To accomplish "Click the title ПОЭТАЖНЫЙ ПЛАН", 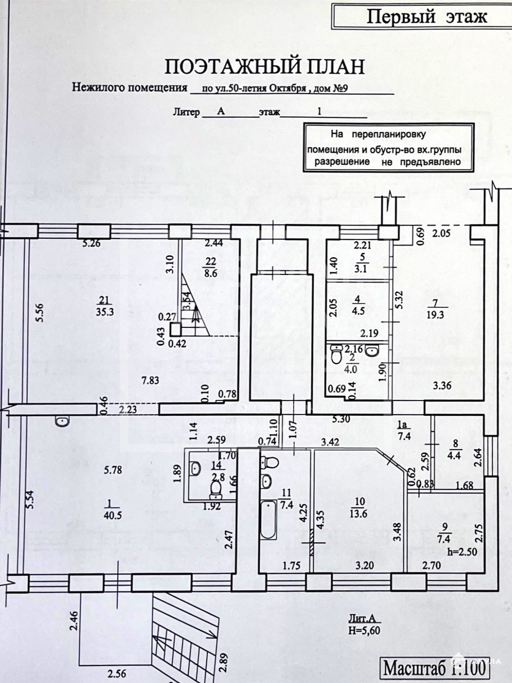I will [264, 67].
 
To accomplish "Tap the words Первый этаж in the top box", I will [427, 17].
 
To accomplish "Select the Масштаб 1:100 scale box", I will [435, 667].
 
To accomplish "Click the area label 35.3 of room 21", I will [105, 312].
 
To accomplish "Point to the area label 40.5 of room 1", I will [112, 515].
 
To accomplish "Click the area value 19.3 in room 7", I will [435, 314].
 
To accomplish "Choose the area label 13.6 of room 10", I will [360, 513].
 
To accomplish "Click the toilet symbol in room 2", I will [336, 354].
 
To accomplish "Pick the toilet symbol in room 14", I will [216, 489].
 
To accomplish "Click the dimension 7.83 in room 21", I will [150, 380].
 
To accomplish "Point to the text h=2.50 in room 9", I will [462, 551].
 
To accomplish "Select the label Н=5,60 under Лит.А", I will [364, 630].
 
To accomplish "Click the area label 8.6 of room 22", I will [211, 272].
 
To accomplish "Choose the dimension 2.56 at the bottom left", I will [116, 673].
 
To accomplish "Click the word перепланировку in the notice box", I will [389, 134].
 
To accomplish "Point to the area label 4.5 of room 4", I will [358, 311].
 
